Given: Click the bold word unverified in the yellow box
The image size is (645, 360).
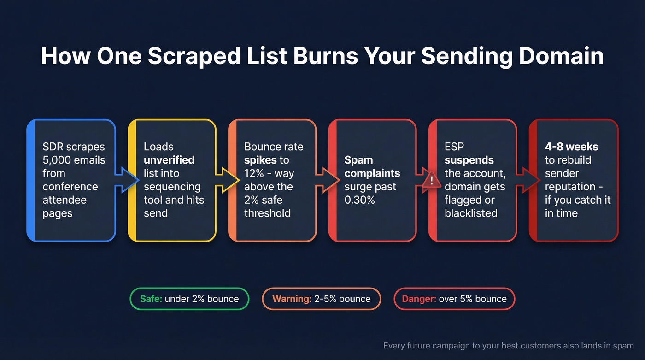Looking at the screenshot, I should pyautogui.click(x=169, y=160).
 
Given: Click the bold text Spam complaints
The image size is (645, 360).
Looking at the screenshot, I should pyautogui.click(x=372, y=167).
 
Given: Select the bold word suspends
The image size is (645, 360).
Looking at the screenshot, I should pyautogui.click(x=469, y=160).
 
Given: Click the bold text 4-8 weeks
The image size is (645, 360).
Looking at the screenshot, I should pyautogui.click(x=571, y=147).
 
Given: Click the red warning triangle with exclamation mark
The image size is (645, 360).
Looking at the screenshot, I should pyautogui.click(x=431, y=180).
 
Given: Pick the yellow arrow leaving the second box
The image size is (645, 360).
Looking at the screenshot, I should pyautogui.click(x=226, y=180).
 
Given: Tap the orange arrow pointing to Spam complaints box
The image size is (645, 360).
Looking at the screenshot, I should pyautogui.click(x=326, y=180).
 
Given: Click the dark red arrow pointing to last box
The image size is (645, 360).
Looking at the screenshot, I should pyautogui.click(x=527, y=180).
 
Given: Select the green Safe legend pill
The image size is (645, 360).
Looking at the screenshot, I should pyautogui.click(x=189, y=299).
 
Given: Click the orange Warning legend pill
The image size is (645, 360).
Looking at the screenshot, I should pyautogui.click(x=321, y=299).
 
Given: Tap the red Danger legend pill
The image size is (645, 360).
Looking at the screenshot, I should pyautogui.click(x=454, y=299).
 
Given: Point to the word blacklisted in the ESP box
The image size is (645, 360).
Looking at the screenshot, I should pyautogui.click(x=470, y=213).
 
